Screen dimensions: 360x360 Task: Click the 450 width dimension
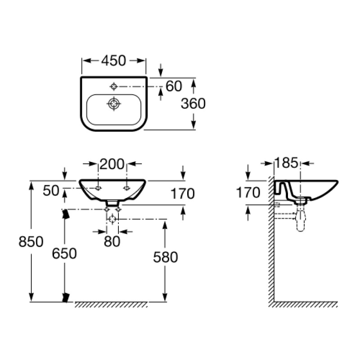pyautogui.click(x=114, y=60)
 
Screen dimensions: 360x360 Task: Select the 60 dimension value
pyautogui.click(x=174, y=86)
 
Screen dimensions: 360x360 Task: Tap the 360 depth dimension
pyautogui.click(x=193, y=103)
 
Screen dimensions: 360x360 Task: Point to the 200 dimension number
pyautogui.click(x=112, y=164)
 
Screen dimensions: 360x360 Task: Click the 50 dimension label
pyautogui.click(x=51, y=190)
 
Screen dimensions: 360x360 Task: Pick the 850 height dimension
pyautogui.click(x=31, y=242)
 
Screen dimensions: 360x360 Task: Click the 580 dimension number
pyautogui.click(x=166, y=257)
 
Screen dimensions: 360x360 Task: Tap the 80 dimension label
pyautogui.click(x=112, y=241)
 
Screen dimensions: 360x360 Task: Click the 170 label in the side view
pyautogui.click(x=248, y=193)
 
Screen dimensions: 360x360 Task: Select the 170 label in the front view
pyautogui.click(x=182, y=193)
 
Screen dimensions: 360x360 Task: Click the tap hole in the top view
pyautogui.click(x=114, y=85)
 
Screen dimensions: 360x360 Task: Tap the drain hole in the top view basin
pyautogui.click(x=114, y=104)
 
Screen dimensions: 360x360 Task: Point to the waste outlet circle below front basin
pyautogui.click(x=112, y=219)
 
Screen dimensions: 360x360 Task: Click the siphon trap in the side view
pyautogui.click(x=301, y=220)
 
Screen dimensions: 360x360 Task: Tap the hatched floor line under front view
pyautogui.click(x=111, y=305)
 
